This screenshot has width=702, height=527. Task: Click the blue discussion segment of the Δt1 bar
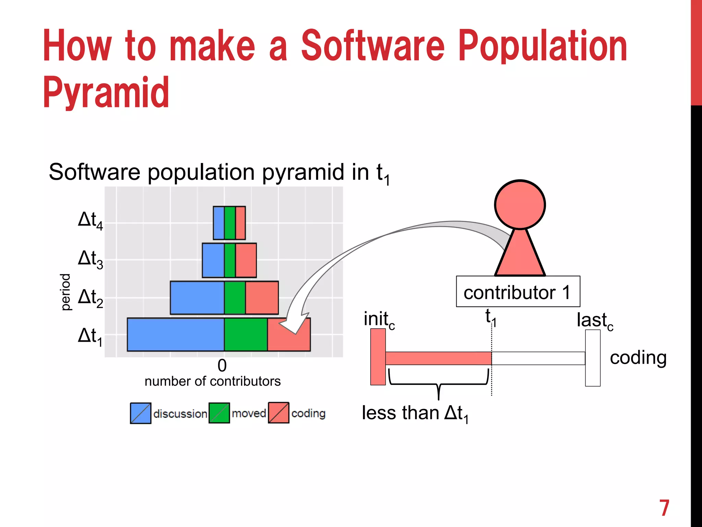point(175,335)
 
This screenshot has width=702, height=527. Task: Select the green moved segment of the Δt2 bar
point(235,297)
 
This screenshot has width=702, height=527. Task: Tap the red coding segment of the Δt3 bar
point(246,260)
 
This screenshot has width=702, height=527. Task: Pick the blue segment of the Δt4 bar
point(219,223)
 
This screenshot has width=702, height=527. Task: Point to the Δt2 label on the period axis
point(90,297)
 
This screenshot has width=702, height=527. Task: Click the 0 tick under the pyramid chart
point(222,366)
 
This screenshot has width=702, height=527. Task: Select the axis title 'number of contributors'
point(213,382)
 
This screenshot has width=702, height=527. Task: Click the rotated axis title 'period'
point(65,292)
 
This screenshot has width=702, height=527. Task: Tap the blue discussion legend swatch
point(141,413)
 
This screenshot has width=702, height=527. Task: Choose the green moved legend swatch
point(219,413)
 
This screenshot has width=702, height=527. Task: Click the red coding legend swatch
point(278,413)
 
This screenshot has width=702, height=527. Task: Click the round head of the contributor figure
point(520,204)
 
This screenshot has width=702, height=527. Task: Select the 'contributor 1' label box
point(518,292)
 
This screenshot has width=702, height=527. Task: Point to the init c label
point(379,320)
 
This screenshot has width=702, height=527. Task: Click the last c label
point(595,321)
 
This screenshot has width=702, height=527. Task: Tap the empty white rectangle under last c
point(593,358)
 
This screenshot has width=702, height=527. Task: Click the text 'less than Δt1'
point(415,413)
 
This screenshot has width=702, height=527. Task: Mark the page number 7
point(664,508)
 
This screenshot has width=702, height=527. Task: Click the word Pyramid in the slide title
point(106,93)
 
